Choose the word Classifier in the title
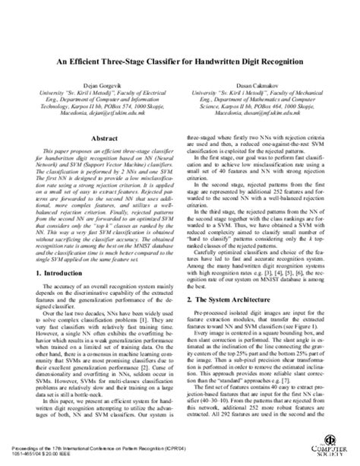(x=169, y=59)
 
